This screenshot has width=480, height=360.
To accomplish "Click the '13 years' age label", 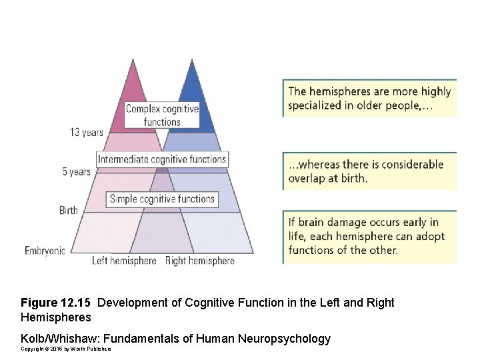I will pos(87,132).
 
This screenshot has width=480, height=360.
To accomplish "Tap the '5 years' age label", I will pos(76,171).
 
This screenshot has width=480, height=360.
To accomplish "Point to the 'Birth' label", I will pos(69,211).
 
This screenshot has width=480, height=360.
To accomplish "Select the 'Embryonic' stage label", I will pos(45,251).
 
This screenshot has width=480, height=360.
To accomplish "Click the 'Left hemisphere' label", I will pos(124,261).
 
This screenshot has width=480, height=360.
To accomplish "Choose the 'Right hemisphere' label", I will pos(199,261).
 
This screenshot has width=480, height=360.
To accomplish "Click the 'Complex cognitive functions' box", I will pos(162,115).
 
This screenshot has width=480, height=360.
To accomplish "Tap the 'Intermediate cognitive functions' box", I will pos(162,159).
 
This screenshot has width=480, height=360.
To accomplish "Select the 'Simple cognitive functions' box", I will pos(162,199).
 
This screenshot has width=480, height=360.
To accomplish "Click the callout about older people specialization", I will pos(369,99).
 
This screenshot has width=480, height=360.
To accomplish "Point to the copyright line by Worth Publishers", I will pos(65,349).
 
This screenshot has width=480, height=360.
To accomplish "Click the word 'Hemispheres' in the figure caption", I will pos(56,317).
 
